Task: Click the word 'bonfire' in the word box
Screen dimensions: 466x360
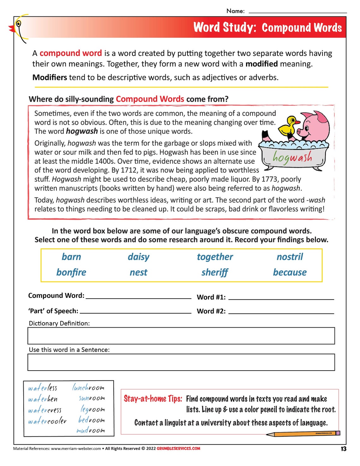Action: (x=71, y=272)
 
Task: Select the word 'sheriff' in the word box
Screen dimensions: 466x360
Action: (x=214, y=272)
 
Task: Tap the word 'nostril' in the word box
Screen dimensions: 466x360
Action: (x=290, y=257)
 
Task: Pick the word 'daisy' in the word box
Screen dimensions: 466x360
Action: (x=138, y=257)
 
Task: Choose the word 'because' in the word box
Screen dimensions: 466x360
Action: (x=290, y=272)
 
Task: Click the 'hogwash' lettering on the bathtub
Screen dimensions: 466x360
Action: (x=292, y=157)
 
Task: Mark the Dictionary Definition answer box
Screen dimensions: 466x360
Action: (x=181, y=336)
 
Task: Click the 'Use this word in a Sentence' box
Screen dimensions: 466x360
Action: (x=181, y=362)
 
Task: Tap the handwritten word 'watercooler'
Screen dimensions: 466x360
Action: (x=47, y=421)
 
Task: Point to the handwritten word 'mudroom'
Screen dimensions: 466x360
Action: (x=91, y=430)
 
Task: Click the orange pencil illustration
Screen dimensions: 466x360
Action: (x=303, y=434)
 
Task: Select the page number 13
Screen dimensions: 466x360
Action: (x=343, y=449)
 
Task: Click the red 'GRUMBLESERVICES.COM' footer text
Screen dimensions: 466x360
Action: (x=178, y=448)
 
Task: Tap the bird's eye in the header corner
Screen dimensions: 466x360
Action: (x=19, y=24)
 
